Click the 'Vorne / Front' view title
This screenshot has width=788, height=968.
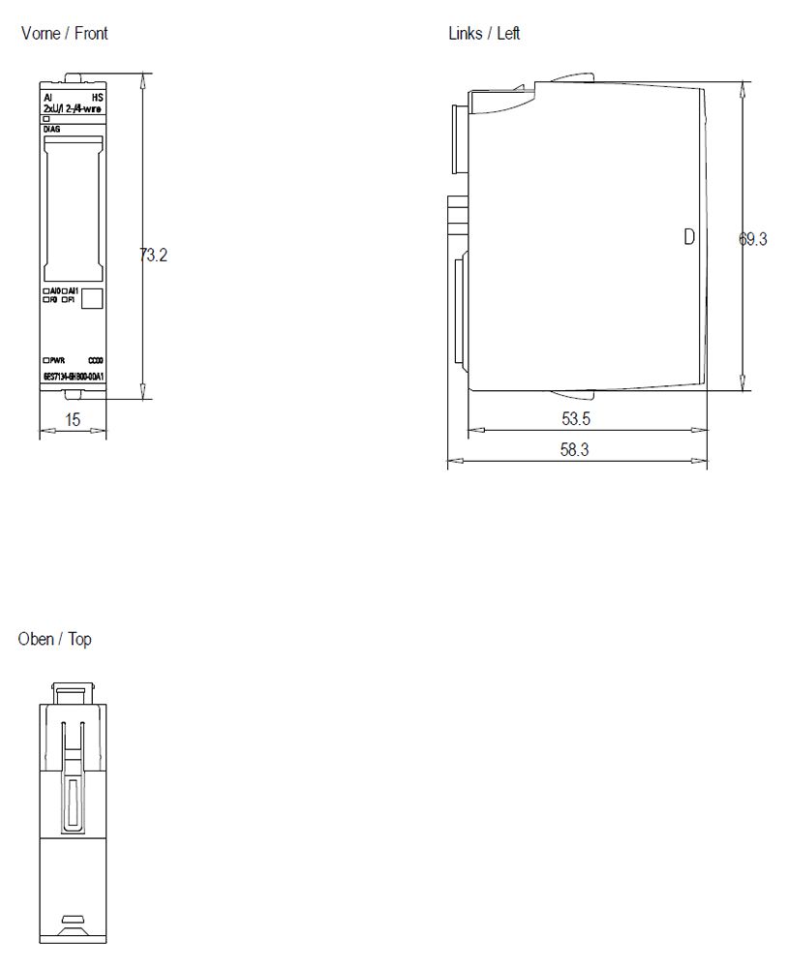click(x=64, y=34)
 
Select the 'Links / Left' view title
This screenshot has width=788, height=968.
click(x=484, y=34)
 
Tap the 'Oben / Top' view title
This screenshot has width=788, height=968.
click(x=55, y=640)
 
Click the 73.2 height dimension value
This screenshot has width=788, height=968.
click(x=153, y=256)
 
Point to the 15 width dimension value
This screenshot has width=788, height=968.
click(x=73, y=419)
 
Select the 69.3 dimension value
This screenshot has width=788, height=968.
click(x=753, y=239)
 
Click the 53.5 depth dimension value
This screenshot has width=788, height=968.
click(x=575, y=419)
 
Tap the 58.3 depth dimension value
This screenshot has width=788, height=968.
click(x=575, y=450)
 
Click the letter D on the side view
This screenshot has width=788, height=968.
click(x=689, y=236)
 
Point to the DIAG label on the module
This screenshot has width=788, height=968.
click(x=51, y=128)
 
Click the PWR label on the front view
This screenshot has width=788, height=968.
click(x=55, y=359)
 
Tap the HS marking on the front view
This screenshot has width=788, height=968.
click(x=97, y=99)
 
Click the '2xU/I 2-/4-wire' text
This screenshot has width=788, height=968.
click(x=73, y=108)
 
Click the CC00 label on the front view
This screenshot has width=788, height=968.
click(x=95, y=359)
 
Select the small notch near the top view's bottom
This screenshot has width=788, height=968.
click(x=73, y=919)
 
